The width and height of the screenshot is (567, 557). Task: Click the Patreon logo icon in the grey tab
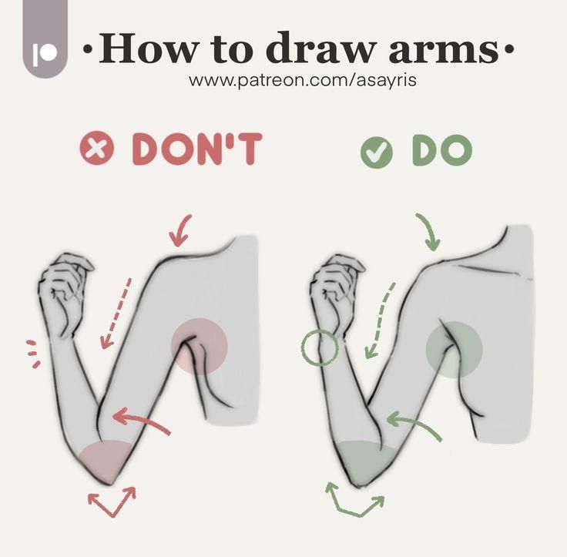pyautogui.click(x=45, y=54)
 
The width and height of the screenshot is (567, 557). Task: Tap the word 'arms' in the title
pyautogui.click(x=444, y=51)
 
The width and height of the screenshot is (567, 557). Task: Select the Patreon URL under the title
pyautogui.click(x=303, y=80)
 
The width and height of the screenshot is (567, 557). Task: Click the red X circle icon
pyautogui.click(x=97, y=148)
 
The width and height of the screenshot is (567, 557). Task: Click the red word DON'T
pyautogui.click(x=196, y=149)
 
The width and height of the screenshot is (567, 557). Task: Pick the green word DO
pyautogui.click(x=442, y=149)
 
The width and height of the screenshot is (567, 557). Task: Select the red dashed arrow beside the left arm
pyautogui.click(x=116, y=312)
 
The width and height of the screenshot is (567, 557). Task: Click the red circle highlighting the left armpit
pyautogui.click(x=199, y=346)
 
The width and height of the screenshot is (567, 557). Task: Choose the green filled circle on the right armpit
pyautogui.click(x=455, y=350)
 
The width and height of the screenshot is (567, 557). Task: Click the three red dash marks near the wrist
pyautogui.click(x=32, y=354)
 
